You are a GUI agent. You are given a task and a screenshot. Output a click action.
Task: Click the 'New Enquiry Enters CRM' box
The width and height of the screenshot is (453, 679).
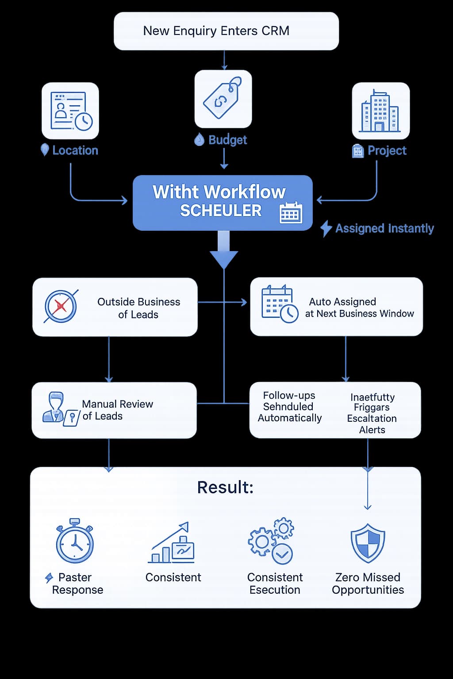(226, 31)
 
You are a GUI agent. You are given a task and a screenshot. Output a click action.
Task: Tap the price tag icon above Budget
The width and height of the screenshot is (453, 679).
(223, 98)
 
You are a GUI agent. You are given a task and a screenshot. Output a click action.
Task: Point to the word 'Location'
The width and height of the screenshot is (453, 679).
(75, 151)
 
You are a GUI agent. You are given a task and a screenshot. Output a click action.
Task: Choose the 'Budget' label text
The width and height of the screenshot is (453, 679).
(227, 140)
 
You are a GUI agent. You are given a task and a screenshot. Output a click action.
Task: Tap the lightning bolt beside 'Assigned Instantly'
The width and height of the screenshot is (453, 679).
(326, 229)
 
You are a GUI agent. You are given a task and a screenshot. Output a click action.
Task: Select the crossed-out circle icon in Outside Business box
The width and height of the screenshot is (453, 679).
(61, 306)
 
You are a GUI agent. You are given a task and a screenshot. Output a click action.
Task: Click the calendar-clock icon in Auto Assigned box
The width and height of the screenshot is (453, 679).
(279, 304)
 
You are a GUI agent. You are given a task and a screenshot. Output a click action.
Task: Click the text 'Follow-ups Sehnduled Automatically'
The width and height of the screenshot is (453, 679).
(289, 407)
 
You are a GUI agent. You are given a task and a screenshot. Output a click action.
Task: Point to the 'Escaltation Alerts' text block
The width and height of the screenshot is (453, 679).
(372, 413)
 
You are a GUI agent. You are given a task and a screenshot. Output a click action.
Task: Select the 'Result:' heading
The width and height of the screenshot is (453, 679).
(225, 487)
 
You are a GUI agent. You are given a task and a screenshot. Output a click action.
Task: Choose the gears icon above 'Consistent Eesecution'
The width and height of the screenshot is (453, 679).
(271, 541)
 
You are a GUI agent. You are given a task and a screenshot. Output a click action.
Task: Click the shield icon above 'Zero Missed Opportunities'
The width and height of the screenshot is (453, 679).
(368, 543)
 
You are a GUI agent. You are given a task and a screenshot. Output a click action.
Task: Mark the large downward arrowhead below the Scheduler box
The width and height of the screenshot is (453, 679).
(224, 259)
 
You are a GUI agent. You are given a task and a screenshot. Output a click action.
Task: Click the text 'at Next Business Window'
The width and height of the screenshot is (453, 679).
(359, 314)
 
